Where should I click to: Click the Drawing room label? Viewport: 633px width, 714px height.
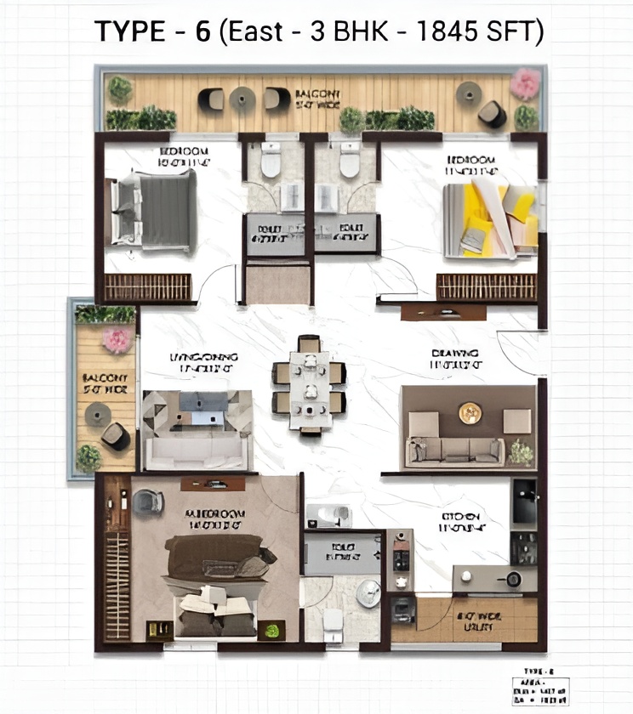[455, 358]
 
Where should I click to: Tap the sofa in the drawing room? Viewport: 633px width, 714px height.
[456, 450]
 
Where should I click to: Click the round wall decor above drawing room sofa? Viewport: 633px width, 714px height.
[470, 413]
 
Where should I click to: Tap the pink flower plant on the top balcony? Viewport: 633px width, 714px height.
[525, 83]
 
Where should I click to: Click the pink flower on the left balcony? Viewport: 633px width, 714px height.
[117, 340]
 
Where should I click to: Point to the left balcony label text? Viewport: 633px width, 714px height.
[105, 382]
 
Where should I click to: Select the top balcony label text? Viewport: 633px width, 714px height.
[317, 98]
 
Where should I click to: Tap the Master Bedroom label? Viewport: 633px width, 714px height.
[215, 519]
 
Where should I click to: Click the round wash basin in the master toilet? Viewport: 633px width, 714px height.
[368, 592]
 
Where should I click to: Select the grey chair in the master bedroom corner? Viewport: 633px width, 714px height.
[148, 501]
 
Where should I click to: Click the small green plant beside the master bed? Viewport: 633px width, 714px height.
[271, 630]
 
